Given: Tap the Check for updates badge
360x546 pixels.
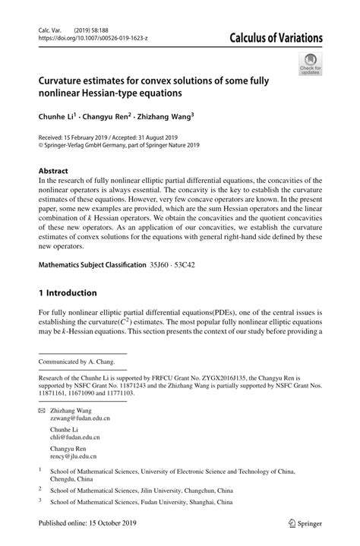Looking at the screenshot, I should point(309,64).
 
